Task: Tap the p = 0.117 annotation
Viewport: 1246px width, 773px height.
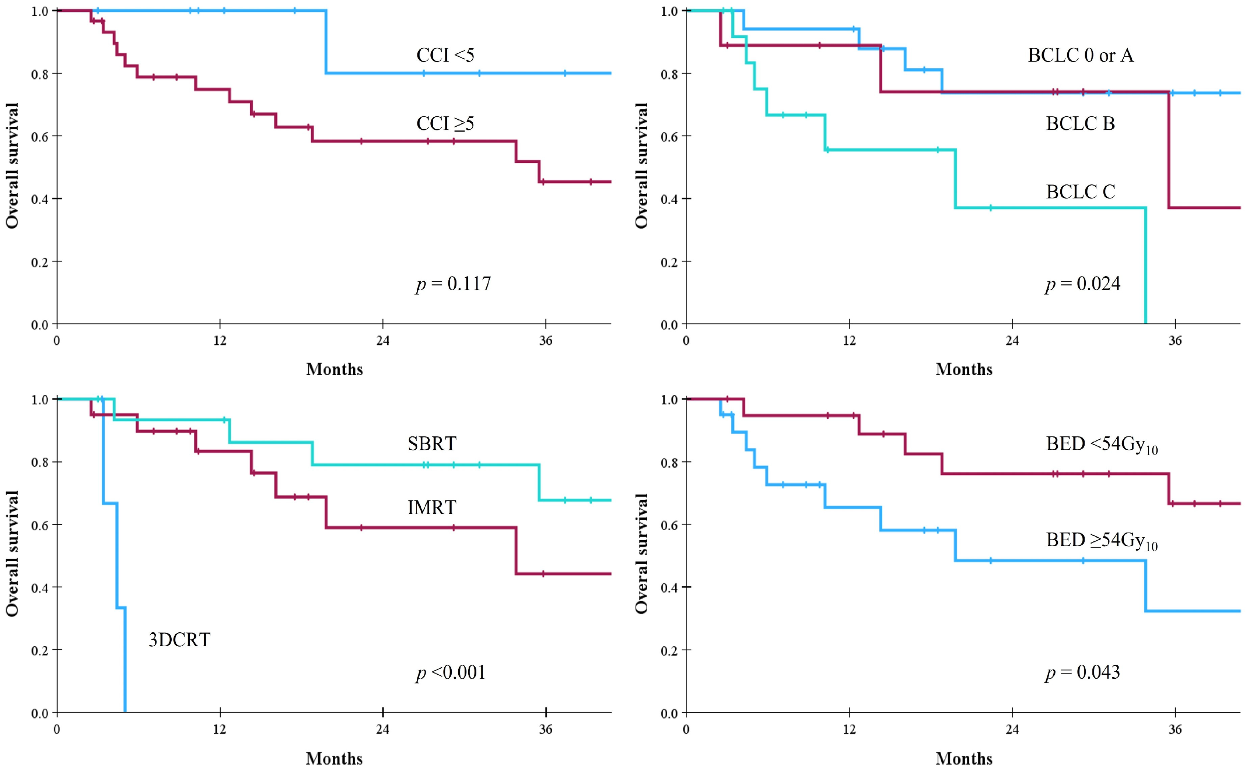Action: [x=453, y=284]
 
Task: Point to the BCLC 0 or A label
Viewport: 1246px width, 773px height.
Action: [x=1080, y=55]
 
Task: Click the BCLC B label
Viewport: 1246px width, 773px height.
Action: [x=1080, y=124]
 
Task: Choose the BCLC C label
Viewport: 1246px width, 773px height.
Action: [x=1080, y=192]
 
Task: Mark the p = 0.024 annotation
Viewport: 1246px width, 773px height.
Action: [x=1082, y=284]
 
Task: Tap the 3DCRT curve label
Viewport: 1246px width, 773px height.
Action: [x=179, y=640]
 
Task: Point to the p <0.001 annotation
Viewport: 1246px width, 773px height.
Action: [x=450, y=672]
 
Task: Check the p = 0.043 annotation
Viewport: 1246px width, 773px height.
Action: [x=1082, y=672]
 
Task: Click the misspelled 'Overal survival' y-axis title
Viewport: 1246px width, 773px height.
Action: [x=642, y=553]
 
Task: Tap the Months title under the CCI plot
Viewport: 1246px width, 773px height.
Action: [x=335, y=369]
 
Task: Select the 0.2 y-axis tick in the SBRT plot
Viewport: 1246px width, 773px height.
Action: [x=39, y=651]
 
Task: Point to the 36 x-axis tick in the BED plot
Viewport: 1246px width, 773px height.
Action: [x=1175, y=729]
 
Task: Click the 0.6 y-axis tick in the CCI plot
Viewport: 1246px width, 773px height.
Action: [x=39, y=137]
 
